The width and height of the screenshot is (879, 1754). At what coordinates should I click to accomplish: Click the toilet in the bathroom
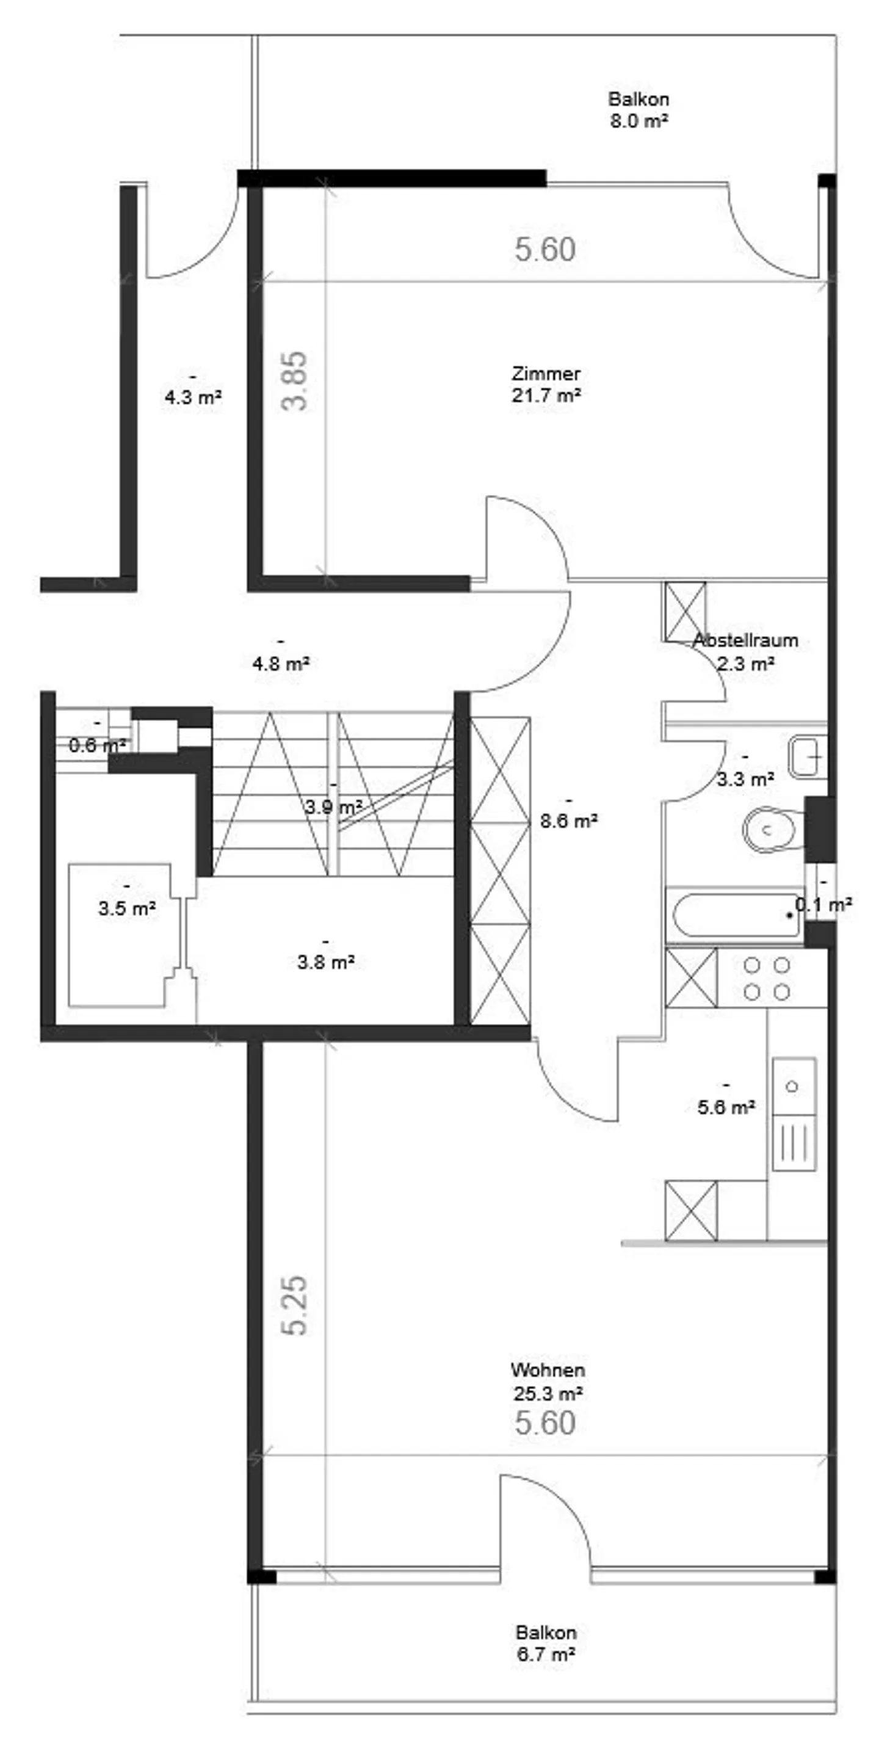(769, 829)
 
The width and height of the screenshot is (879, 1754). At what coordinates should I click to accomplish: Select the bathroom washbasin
(808, 756)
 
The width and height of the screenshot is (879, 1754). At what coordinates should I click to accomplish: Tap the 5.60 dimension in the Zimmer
(544, 250)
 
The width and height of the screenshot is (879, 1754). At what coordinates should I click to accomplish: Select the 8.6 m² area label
(568, 821)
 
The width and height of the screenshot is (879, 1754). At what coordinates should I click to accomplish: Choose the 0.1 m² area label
(824, 904)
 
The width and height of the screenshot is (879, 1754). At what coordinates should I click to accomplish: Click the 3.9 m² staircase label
(333, 807)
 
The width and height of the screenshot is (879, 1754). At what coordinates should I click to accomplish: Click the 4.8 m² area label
(281, 662)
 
